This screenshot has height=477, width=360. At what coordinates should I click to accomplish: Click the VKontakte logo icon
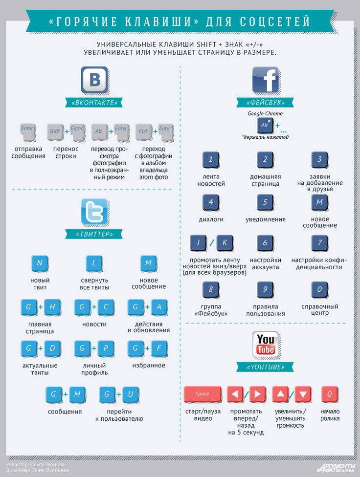coord(95,80)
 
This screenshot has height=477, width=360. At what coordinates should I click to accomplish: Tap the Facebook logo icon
coord(266,80)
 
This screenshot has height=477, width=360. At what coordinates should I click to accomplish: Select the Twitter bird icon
coord(95,212)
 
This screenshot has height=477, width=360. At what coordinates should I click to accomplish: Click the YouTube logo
coord(266,345)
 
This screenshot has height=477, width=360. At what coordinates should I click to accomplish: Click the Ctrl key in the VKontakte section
coord(143,132)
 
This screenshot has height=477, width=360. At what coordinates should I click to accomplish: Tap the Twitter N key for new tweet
coord(40,263)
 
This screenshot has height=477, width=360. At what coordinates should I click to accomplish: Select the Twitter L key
coord(94,263)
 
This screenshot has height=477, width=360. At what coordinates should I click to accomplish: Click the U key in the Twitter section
coord(131,394)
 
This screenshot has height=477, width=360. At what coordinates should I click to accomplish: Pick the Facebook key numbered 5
coord(265,202)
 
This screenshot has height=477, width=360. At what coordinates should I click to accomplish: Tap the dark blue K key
coord(225,243)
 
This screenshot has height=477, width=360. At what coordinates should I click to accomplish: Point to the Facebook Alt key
coord(265,126)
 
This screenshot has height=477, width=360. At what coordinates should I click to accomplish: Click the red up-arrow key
coord(280,394)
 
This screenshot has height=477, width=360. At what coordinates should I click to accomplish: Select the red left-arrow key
coord(235,394)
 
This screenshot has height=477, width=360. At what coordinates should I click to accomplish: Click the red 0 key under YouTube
coord(330,394)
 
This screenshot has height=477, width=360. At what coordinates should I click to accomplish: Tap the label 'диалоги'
coord(211,219)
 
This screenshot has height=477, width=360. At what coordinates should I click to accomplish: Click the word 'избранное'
coord(149,366)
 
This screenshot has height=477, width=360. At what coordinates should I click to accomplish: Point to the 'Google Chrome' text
coord(265,113)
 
